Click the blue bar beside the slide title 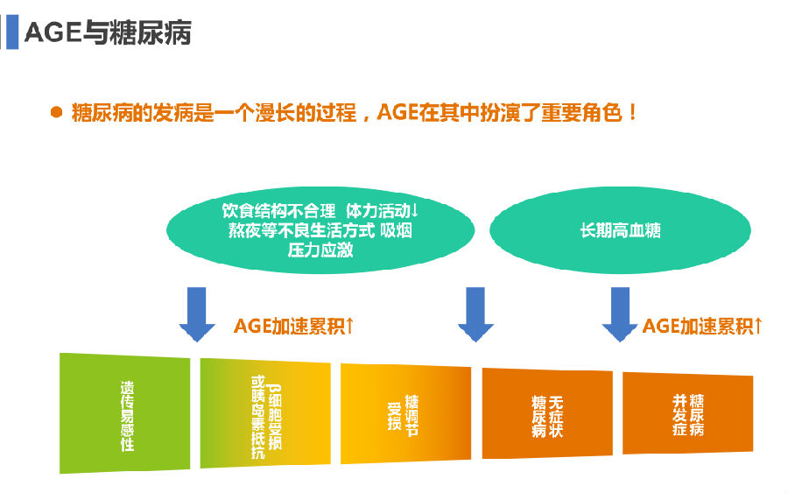[12, 32]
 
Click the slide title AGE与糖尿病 [108, 32]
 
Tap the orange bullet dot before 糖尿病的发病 [56, 112]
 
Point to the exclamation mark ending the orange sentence [632, 112]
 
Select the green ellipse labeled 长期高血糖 [620, 230]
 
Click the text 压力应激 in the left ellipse [320, 250]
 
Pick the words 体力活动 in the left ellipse [378, 210]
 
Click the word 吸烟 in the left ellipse [396, 230]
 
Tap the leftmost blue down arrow [197, 314]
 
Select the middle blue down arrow [475, 314]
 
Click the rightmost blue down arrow [620, 314]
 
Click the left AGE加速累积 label [294, 326]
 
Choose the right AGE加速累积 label [702, 326]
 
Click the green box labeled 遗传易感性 [124, 413]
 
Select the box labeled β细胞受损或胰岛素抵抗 [265, 413]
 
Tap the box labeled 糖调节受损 [406, 413]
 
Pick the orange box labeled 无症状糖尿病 [547, 413]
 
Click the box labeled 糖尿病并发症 [688, 413]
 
